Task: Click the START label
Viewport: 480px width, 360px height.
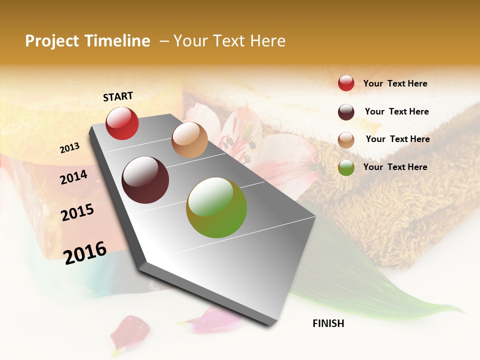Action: [x=118, y=96]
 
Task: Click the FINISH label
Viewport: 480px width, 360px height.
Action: [x=328, y=323]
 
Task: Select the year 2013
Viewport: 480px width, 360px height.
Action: [x=69, y=148]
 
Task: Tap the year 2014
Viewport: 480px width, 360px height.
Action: [x=73, y=177]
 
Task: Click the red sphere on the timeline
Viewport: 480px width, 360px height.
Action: [x=122, y=123]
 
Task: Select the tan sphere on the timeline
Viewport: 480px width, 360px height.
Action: [x=189, y=140]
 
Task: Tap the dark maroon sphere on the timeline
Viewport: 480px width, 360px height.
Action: [x=145, y=180]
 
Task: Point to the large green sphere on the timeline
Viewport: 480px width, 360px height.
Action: [x=216, y=207]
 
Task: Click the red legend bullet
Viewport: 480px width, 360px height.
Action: [x=346, y=83]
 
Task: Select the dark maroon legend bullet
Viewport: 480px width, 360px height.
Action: [x=346, y=112]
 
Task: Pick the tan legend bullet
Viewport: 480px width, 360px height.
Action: [x=346, y=140]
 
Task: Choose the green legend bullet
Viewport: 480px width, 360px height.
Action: [x=346, y=167]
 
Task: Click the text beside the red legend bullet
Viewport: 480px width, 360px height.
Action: [x=395, y=83]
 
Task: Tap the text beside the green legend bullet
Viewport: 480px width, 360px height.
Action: [x=395, y=167]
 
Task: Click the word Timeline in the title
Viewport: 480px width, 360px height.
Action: [x=118, y=41]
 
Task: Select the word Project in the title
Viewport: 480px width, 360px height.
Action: [x=52, y=41]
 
